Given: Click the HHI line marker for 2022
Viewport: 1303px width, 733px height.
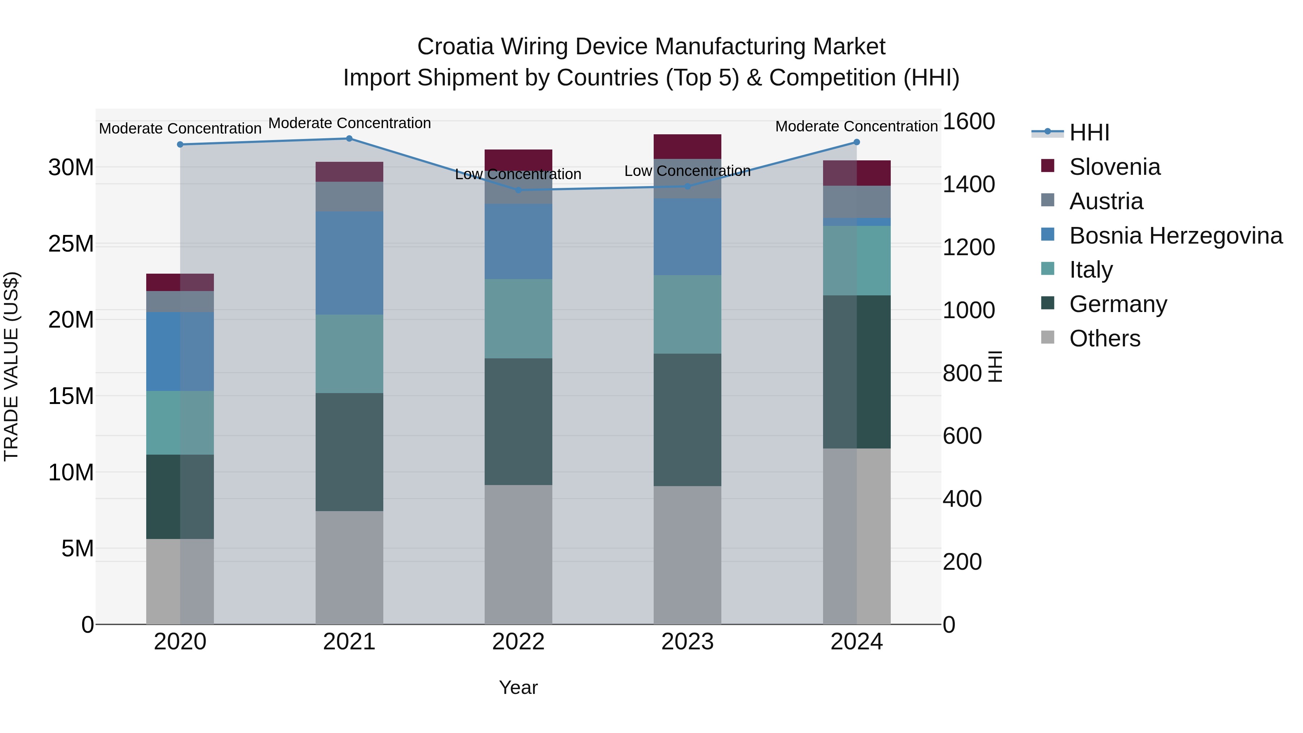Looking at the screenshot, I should [518, 190].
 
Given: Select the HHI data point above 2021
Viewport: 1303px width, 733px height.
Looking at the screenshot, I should [349, 139].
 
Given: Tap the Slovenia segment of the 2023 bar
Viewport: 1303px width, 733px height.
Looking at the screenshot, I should [687, 147].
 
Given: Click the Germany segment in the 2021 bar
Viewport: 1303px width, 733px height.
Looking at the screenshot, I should [349, 452].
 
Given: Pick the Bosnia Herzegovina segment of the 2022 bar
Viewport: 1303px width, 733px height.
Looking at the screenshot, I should [518, 241].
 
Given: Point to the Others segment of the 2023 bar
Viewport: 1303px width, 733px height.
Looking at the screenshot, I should [687, 555].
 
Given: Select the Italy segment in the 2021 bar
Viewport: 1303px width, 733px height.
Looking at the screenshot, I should [349, 354].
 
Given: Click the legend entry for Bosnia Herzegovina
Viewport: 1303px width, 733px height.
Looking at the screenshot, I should [1176, 236].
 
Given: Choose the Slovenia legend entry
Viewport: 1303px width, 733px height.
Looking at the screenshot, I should [1114, 167].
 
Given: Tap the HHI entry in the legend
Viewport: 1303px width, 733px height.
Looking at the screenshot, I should [1089, 132].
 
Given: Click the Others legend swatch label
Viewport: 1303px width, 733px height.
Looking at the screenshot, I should [1105, 338].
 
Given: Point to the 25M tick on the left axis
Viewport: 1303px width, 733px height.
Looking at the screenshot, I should [71, 244].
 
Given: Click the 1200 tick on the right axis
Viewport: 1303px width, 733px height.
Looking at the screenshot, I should [968, 247].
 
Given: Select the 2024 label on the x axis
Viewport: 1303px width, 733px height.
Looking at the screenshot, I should [856, 642].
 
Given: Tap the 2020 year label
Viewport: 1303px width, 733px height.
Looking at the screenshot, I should [180, 642].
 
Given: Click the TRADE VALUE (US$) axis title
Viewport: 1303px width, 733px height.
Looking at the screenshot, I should [11, 366].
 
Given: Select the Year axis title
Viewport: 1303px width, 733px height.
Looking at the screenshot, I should [518, 687].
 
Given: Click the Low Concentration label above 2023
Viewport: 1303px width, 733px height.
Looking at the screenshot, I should [687, 171].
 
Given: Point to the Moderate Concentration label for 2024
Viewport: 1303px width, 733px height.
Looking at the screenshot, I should [856, 126].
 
